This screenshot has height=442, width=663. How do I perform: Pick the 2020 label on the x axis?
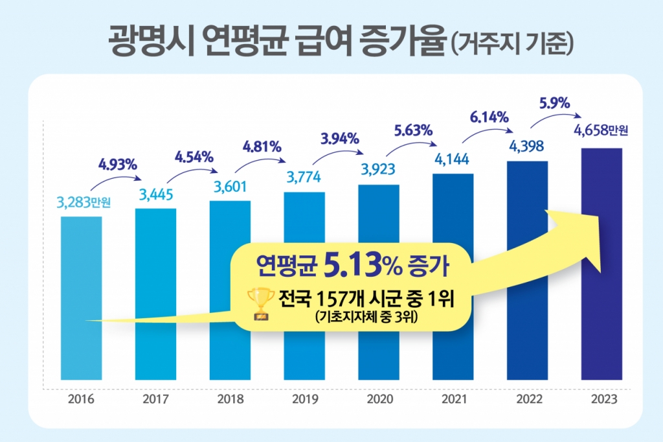pyautogui.click(x=379, y=399)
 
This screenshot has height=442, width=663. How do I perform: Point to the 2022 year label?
pyautogui.click(x=528, y=399)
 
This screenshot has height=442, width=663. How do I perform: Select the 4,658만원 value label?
pyautogui.click(x=601, y=131)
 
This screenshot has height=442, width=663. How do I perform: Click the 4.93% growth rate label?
pyautogui.click(x=118, y=164)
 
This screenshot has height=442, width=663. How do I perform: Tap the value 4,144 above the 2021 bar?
pyautogui.click(x=453, y=157)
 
